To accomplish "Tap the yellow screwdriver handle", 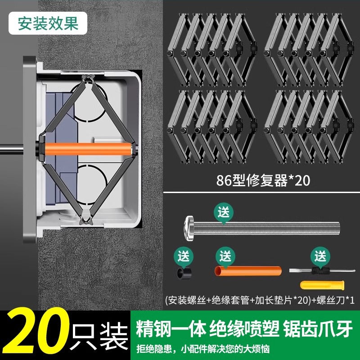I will pyautogui.click(x=323, y=285).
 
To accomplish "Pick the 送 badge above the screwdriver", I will pyautogui.click(x=320, y=256).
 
